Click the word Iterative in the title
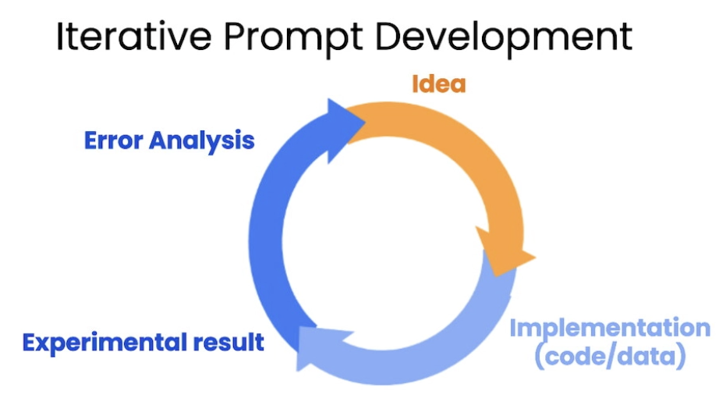(x=133, y=36)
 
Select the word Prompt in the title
(x=293, y=38)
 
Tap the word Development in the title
(x=504, y=38)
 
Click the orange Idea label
(x=439, y=84)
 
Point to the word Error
(x=113, y=140)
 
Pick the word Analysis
(x=201, y=141)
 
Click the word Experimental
(x=104, y=343)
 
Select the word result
(x=228, y=342)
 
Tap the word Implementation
(x=611, y=329)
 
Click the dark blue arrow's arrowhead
(x=345, y=130)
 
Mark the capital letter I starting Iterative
(x=59, y=36)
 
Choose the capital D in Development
(x=389, y=36)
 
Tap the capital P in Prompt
(x=234, y=36)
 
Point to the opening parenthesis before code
(x=540, y=358)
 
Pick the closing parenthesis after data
(x=681, y=358)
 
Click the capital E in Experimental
(x=30, y=343)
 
